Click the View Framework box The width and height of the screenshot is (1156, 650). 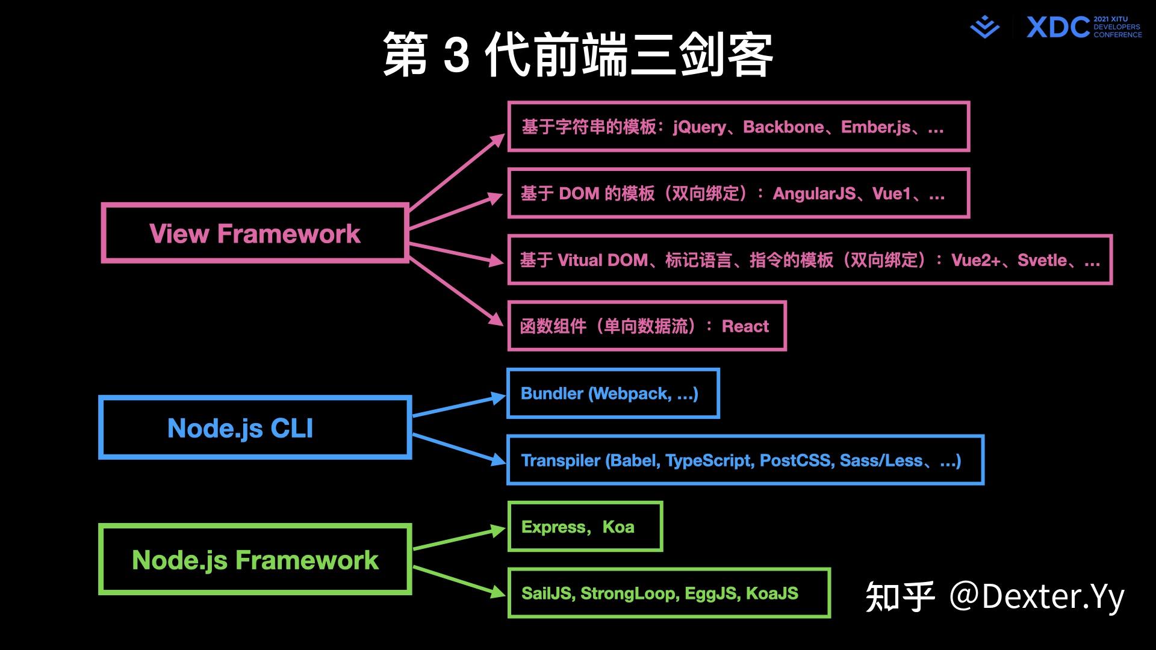[255, 234]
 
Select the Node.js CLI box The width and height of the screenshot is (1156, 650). [255, 428]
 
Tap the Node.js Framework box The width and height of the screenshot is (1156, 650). [255, 560]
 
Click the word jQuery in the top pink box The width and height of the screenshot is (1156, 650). [700, 127]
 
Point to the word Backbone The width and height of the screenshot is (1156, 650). [783, 127]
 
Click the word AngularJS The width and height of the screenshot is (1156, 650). [814, 194]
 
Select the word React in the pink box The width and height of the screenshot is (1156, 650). [745, 326]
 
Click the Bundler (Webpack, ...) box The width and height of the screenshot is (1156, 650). [613, 394]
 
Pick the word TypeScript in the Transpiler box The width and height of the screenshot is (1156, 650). [709, 460]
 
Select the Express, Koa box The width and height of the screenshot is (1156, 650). [585, 527]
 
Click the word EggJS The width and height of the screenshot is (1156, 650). [710, 593]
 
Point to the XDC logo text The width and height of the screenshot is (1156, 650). [1058, 28]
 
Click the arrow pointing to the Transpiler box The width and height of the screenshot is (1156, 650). [459, 449]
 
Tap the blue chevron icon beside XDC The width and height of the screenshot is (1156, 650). [984, 28]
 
